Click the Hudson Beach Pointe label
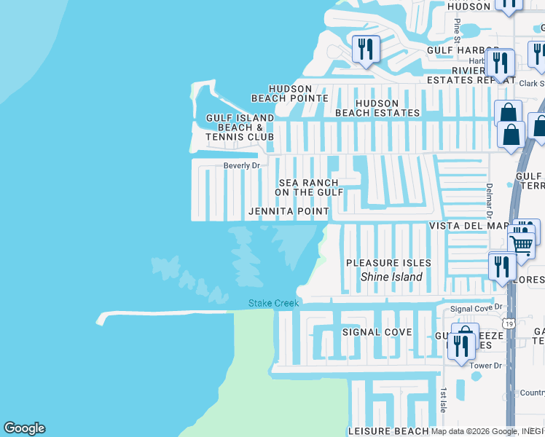pyautogui.click(x=289, y=92)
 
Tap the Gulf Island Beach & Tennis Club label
pyautogui.click(x=240, y=127)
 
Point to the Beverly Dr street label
pyautogui.click(x=242, y=166)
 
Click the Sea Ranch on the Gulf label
pyautogui.click(x=309, y=187)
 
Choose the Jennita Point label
pyautogui.click(x=289, y=211)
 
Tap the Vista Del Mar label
pyautogui.click(x=467, y=227)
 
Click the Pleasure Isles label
pyautogui.click(x=388, y=263)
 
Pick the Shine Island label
pyautogui.click(x=392, y=277)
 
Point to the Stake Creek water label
pyautogui.click(x=274, y=303)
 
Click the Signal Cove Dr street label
pyautogui.click(x=477, y=309)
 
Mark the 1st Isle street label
pyautogui.click(x=442, y=400)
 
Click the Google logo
pyautogui.click(x=24, y=428)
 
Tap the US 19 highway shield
pyautogui.click(x=508, y=323)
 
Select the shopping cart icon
pyautogui.click(x=522, y=245)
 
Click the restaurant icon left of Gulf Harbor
pyautogui.click(x=365, y=50)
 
